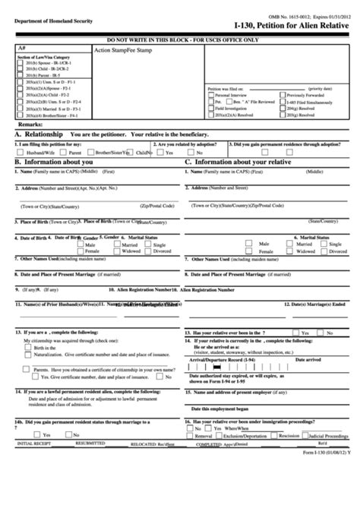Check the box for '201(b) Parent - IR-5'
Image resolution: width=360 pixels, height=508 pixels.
20,77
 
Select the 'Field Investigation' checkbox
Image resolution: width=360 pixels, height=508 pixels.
210,107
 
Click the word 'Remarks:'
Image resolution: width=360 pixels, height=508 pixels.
30,123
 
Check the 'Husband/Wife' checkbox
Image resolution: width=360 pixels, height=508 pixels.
20,152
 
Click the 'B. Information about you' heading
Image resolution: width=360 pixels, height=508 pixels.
54,162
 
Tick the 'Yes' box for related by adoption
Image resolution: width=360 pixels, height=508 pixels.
157,152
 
